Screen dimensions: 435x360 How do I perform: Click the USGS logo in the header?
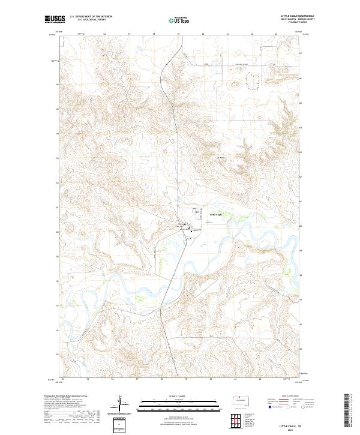tap(55, 19)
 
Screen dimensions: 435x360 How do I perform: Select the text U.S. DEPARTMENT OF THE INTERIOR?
tap(91, 16)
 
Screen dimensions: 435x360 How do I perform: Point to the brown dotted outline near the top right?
tap(252, 80)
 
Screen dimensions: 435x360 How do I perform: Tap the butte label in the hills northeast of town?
tap(220, 158)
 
